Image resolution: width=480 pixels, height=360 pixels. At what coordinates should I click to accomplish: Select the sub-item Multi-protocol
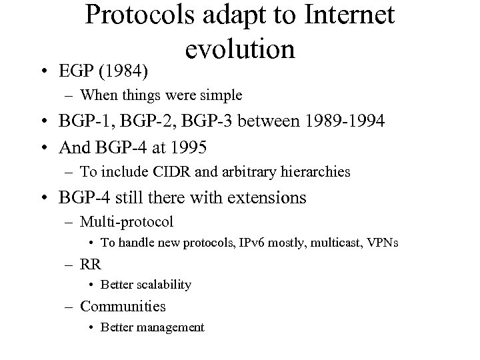127,221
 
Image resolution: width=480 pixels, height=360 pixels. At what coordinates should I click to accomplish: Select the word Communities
123,306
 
